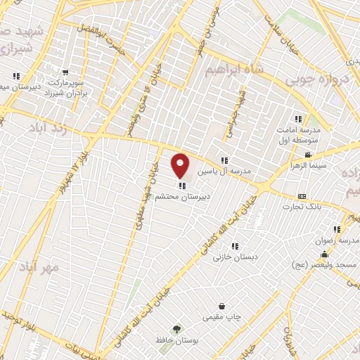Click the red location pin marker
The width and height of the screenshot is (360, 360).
[x=181, y=166]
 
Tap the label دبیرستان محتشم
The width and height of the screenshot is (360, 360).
[x=184, y=198]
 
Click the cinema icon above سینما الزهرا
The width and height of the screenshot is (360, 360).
[x=307, y=155]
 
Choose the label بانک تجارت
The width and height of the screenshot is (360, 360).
[x=302, y=207]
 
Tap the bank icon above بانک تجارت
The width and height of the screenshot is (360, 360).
[x=302, y=196]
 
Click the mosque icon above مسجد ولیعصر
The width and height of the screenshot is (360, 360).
[x=324, y=255]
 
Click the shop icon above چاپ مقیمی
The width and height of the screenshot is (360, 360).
[x=222, y=307]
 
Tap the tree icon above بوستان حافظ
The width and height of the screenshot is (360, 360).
[x=176, y=329]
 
